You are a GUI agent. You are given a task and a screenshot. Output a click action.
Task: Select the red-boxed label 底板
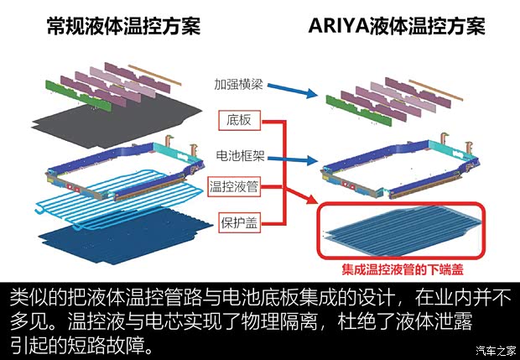239,121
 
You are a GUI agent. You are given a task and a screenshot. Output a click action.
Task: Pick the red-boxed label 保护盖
239,224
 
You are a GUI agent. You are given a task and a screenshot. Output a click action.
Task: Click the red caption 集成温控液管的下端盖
403,271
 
